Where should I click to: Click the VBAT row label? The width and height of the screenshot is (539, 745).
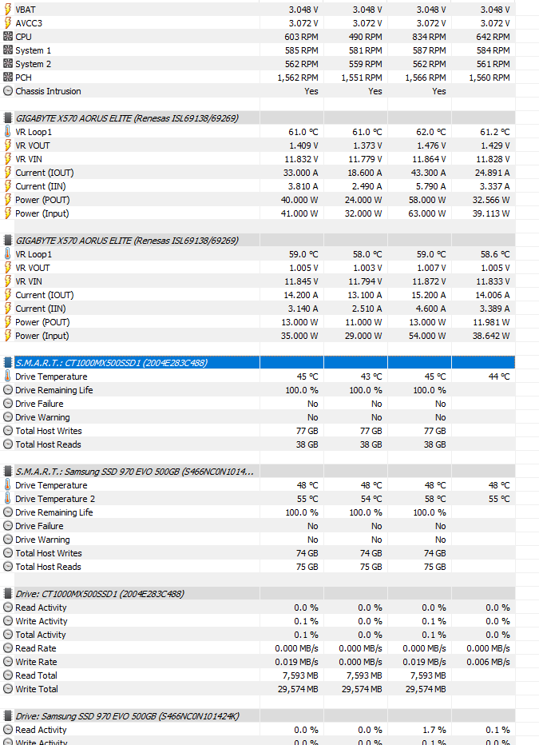tap(26, 10)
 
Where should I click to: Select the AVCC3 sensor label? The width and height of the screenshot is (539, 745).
tap(29, 23)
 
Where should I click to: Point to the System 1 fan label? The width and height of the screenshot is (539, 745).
tap(34, 50)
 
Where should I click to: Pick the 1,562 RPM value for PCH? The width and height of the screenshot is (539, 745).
tap(298, 78)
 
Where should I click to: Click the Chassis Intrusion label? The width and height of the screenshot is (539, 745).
tap(48, 91)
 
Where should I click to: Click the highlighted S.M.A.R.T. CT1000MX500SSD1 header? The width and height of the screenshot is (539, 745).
tap(112, 363)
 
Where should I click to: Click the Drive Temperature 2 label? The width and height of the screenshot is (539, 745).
tap(55, 499)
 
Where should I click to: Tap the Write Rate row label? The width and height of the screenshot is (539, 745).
tap(36, 662)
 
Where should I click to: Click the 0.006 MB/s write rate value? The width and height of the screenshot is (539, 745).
tap(487, 662)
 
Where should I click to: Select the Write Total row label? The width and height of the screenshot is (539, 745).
tap(37, 689)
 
